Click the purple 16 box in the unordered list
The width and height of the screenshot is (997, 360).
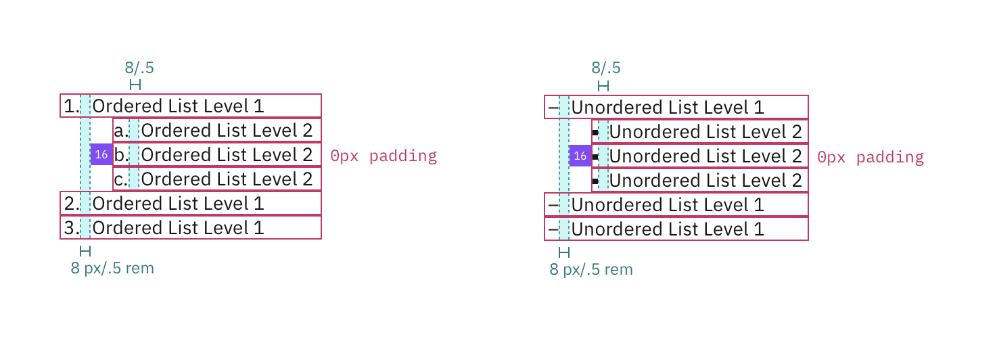[x=580, y=156]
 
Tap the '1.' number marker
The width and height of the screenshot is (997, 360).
[x=70, y=106]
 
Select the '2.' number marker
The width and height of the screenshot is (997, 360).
[x=71, y=204]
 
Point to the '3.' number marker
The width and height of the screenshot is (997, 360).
[x=71, y=228]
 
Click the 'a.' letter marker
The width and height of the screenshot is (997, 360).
[x=121, y=131]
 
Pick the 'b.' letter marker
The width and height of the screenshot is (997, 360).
[x=121, y=155]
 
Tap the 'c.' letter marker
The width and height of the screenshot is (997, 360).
[x=121, y=179]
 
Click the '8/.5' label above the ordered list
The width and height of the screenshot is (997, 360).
[x=139, y=68]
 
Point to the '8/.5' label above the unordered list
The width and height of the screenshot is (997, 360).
[x=606, y=68]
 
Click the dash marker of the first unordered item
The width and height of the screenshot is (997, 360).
[x=553, y=108]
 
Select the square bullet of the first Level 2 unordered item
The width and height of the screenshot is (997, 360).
[x=595, y=133]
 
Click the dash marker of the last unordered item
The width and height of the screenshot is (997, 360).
[x=553, y=229]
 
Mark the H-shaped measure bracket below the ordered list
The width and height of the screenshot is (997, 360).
[x=85, y=251]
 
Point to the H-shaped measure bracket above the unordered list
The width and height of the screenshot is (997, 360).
[x=603, y=86]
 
